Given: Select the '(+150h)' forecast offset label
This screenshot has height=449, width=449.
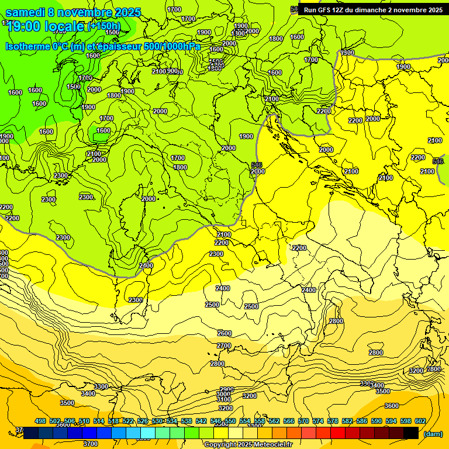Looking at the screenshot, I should click(x=104, y=26).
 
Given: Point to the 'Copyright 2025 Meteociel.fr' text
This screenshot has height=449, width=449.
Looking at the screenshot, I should click(x=248, y=444).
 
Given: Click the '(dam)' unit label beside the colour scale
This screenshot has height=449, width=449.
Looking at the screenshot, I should click(x=433, y=434).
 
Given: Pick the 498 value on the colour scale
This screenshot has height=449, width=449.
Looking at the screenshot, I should click(x=40, y=421).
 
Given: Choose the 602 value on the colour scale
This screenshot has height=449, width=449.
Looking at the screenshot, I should click(x=420, y=421).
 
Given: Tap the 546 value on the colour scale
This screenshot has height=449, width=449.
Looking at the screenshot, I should click(x=216, y=421).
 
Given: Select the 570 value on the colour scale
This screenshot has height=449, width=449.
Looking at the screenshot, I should click(x=303, y=421).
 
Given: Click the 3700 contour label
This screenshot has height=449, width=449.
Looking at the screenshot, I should click(x=91, y=444).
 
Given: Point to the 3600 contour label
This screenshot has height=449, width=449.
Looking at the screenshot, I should click(x=391, y=406).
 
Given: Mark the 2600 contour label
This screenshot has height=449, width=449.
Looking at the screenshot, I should click(x=224, y=333).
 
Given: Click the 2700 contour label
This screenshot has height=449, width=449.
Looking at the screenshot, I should click(x=224, y=346).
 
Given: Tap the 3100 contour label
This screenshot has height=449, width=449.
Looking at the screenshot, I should click(x=226, y=401).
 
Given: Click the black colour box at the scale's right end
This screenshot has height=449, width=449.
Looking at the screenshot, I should click(x=411, y=433).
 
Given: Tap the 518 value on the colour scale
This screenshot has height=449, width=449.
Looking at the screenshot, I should click(x=113, y=421).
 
